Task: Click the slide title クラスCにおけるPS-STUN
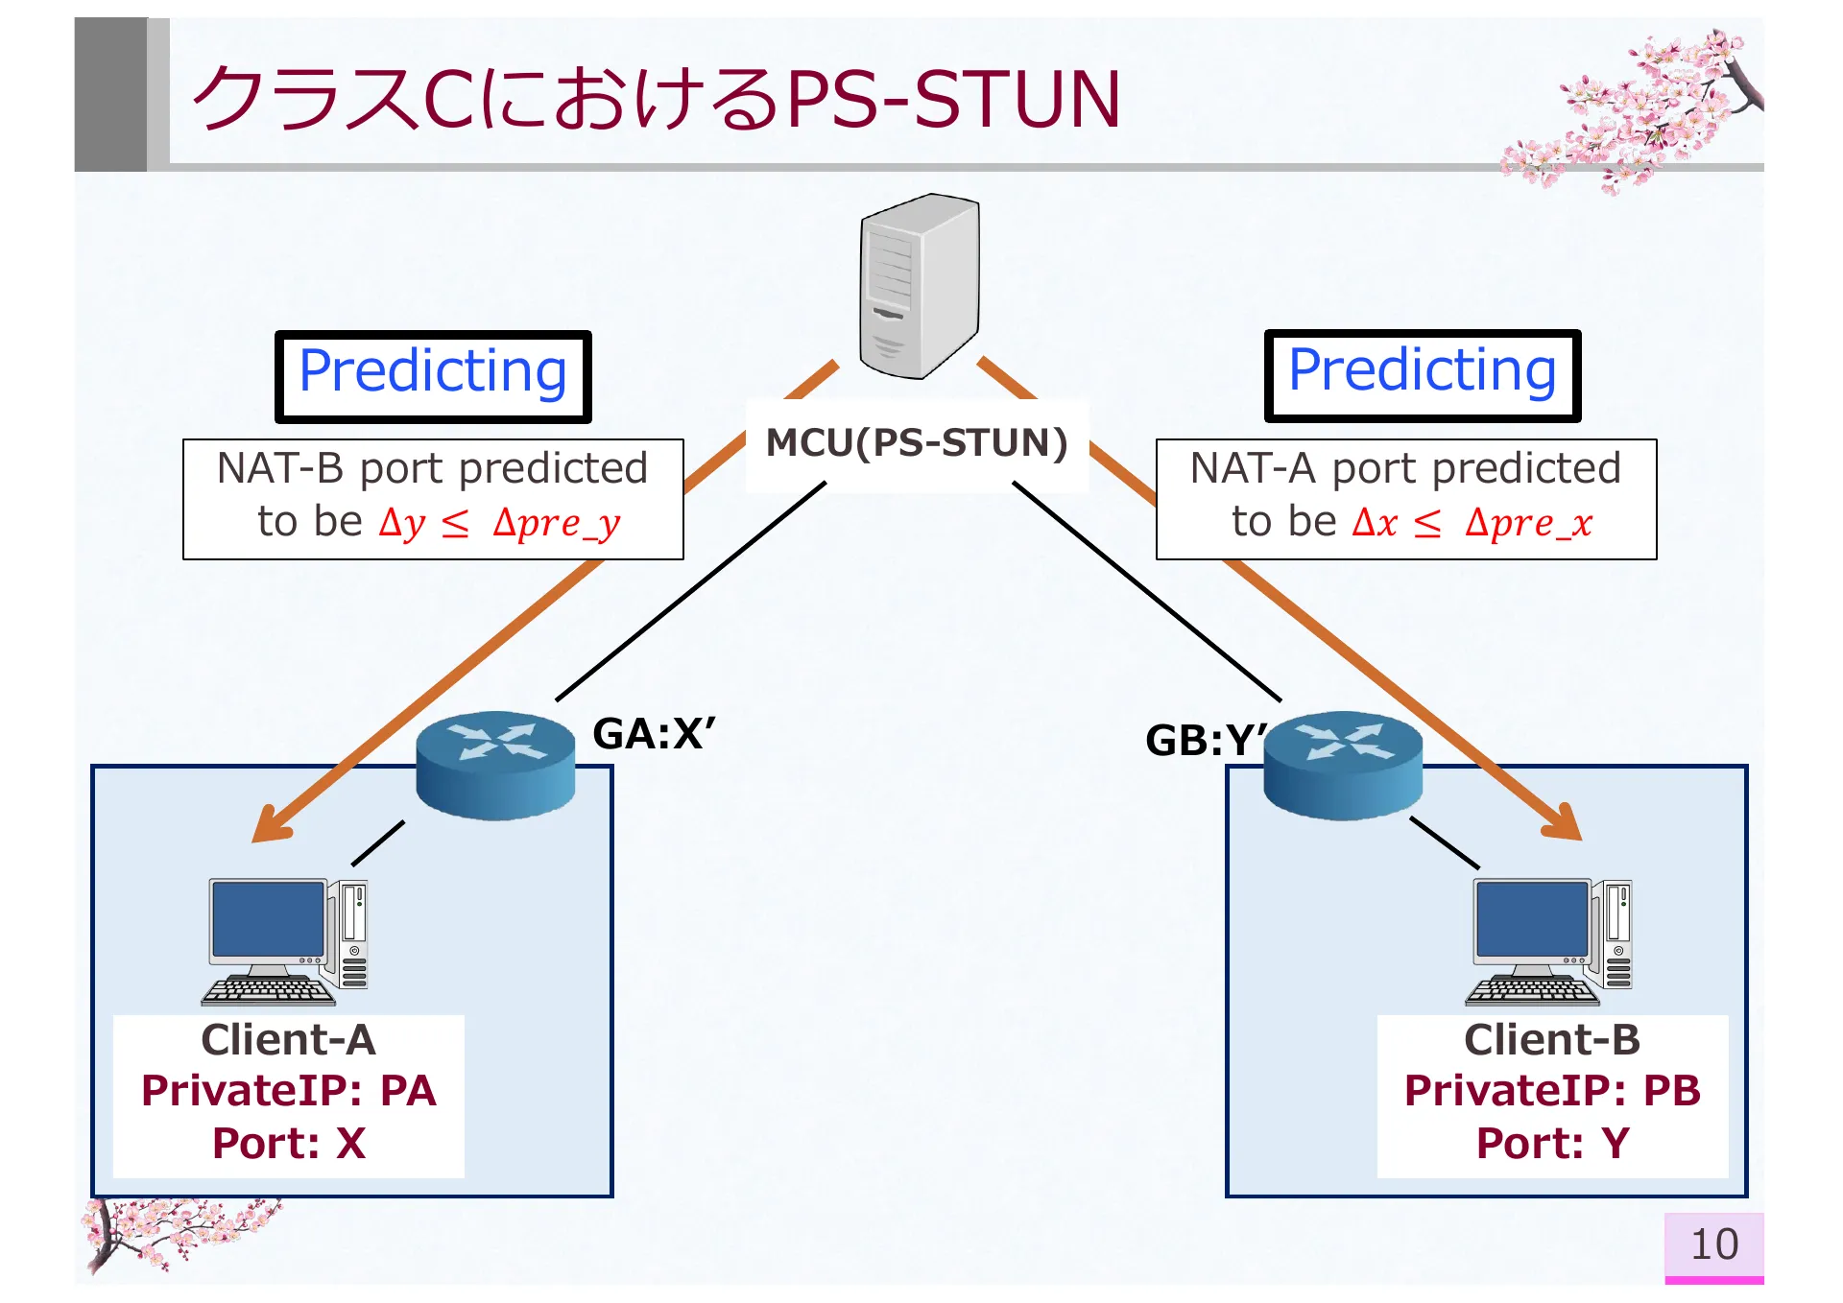click(656, 99)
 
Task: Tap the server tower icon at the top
click(920, 286)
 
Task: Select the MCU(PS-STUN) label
click(917, 443)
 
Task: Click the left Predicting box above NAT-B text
click(433, 376)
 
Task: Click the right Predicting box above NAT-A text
click(1422, 375)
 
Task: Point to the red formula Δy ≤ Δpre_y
click(499, 524)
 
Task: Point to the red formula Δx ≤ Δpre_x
click(1472, 524)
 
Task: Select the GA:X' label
click(654, 734)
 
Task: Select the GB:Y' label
click(1205, 740)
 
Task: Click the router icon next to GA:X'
click(495, 765)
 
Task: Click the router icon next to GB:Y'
click(1342, 765)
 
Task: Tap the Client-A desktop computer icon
click(285, 941)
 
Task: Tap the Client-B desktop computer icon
click(1549, 941)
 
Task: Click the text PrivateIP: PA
click(289, 1091)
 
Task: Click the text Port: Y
click(1552, 1143)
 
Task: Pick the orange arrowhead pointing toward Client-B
click(1562, 823)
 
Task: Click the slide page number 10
click(1713, 1244)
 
